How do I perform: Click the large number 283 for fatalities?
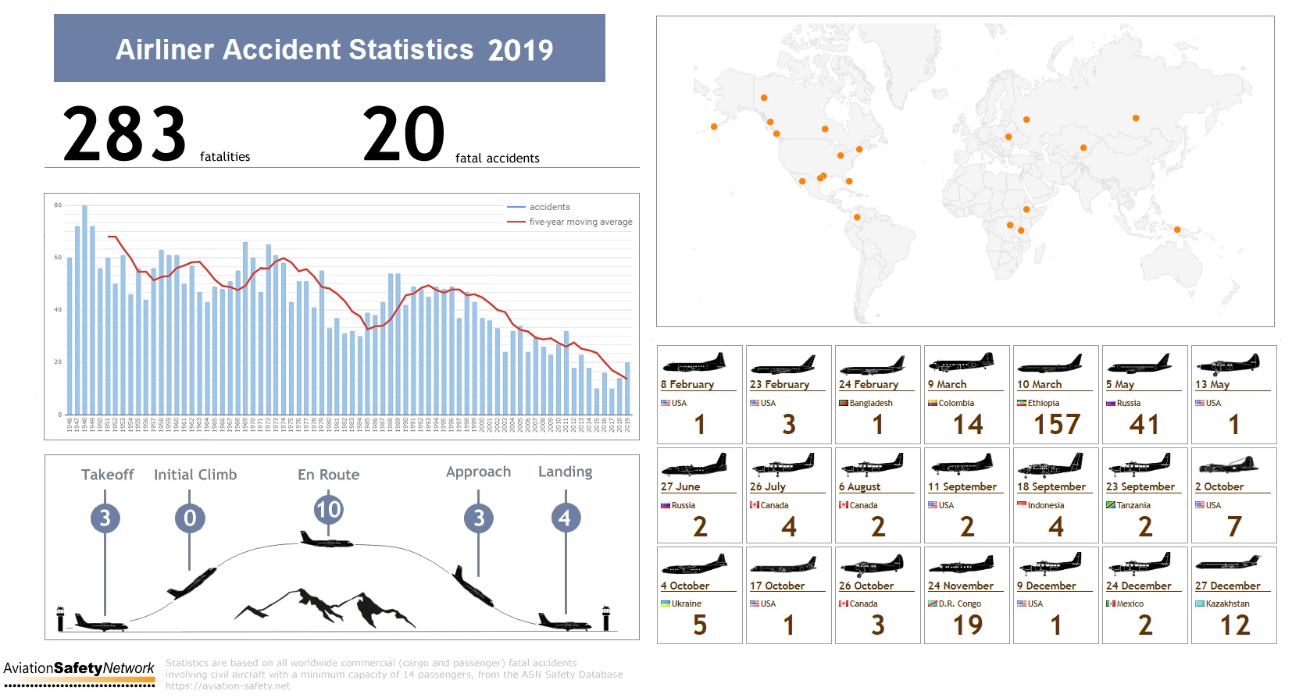coord(125,134)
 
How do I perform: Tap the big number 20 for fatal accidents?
coord(404,134)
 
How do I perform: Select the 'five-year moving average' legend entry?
coord(580,222)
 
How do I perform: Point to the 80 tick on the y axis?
coord(58,205)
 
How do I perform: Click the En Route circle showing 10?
coord(328,510)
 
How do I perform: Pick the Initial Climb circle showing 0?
coord(190,518)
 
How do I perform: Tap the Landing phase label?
coord(565,472)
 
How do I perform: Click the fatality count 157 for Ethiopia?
coord(1056,425)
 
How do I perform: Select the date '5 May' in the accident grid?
coord(1119,384)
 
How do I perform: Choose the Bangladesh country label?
coord(870,403)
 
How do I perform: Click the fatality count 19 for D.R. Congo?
coord(967,625)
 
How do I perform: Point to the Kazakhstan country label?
coord(1227,604)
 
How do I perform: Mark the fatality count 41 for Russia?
coord(1144,425)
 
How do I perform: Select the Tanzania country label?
coord(1133,505)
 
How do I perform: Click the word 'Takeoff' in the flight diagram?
coord(107,475)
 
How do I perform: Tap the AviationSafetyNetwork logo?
coord(79,669)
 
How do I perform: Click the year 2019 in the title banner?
coord(520,51)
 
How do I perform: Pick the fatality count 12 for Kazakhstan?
coord(1234,625)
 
